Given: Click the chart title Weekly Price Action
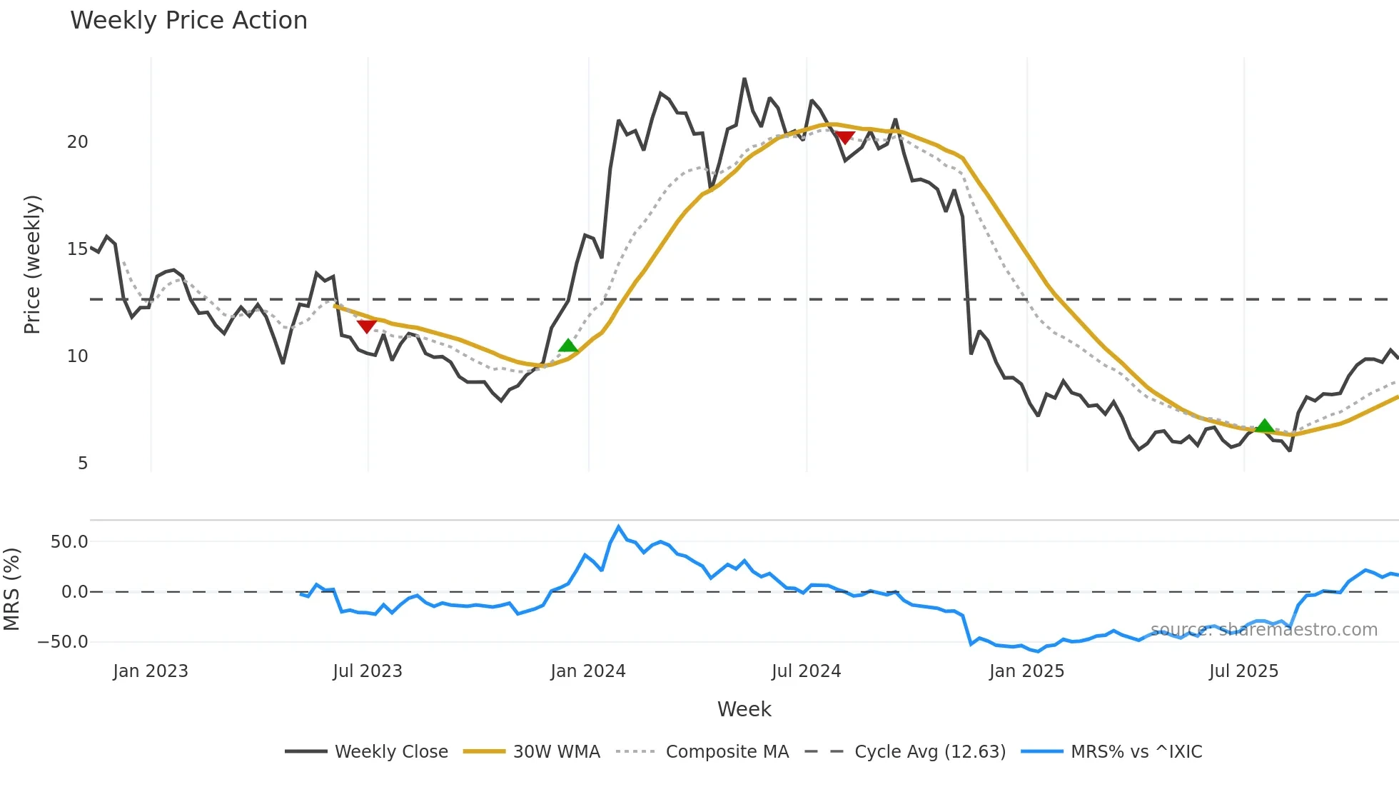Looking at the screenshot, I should click(x=188, y=21).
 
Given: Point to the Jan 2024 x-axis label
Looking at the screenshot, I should click(x=588, y=671).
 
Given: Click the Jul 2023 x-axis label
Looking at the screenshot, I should click(x=368, y=671).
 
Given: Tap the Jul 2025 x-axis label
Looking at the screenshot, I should click(x=1243, y=671).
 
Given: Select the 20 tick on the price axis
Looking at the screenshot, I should click(x=78, y=142).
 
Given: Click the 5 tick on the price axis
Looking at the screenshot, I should click(x=83, y=463).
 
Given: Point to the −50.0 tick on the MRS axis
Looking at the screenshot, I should click(x=63, y=642).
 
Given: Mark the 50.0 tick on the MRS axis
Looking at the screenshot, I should click(x=69, y=542).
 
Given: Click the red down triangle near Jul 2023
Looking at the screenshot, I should click(x=367, y=326).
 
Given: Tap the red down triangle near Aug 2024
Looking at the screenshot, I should click(x=845, y=137).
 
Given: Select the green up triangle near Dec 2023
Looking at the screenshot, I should click(x=568, y=346).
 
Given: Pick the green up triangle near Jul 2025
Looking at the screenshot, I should click(x=1264, y=426).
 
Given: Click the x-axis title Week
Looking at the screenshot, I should click(x=744, y=709).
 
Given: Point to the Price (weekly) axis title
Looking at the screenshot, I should click(x=33, y=264).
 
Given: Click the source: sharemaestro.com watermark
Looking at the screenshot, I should click(x=1264, y=630).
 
